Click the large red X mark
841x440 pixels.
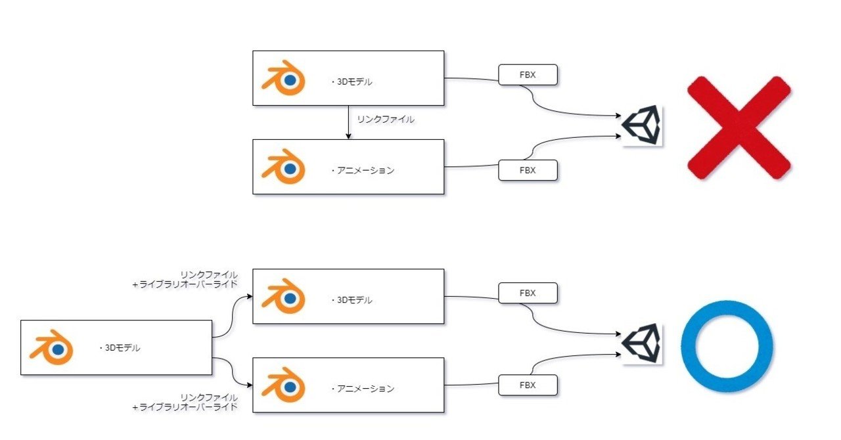(x=739, y=127)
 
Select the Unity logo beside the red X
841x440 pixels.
(x=643, y=126)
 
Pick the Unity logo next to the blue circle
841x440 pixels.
(x=643, y=343)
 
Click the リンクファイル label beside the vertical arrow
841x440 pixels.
(x=385, y=120)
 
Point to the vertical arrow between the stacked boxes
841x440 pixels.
(x=348, y=122)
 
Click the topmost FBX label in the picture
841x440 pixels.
(x=528, y=75)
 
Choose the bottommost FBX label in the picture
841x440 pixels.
(x=528, y=385)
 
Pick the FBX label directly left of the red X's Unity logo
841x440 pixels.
(x=528, y=170)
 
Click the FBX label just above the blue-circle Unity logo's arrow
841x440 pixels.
(x=528, y=293)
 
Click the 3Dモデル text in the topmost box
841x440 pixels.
(x=353, y=82)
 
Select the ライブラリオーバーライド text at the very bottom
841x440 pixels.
(x=185, y=407)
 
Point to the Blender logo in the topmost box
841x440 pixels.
(x=283, y=79)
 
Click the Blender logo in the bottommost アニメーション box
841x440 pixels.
(x=283, y=386)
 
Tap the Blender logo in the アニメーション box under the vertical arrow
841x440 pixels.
(x=283, y=167)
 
